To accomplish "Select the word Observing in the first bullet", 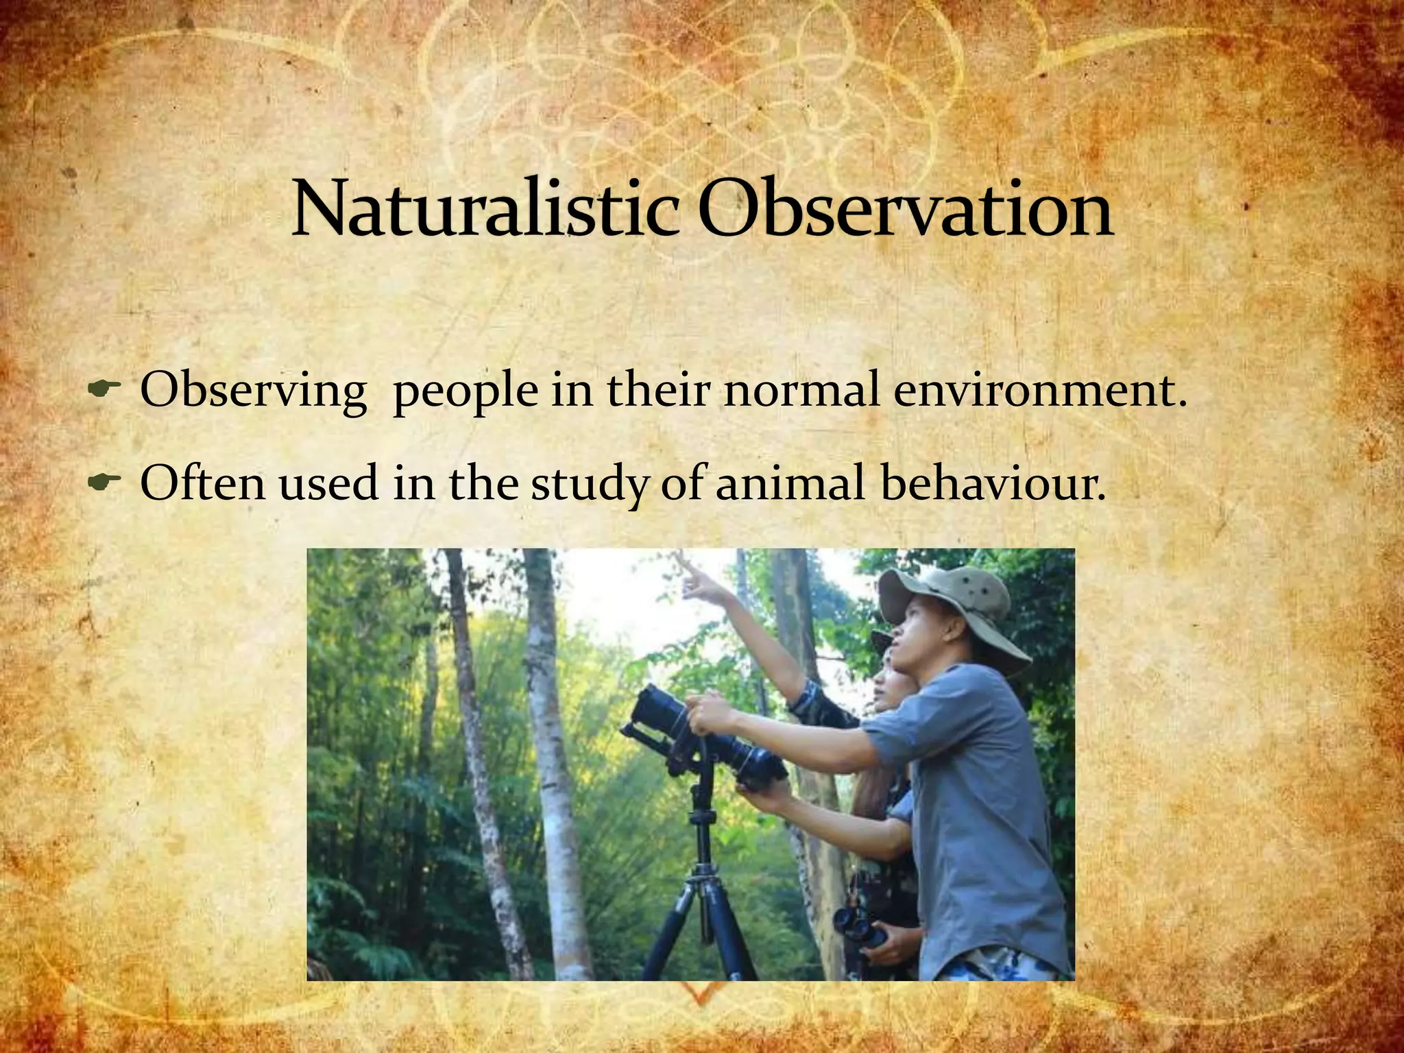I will coord(253,392).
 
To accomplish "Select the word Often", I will coord(202,483).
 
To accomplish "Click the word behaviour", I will coord(993,483).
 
